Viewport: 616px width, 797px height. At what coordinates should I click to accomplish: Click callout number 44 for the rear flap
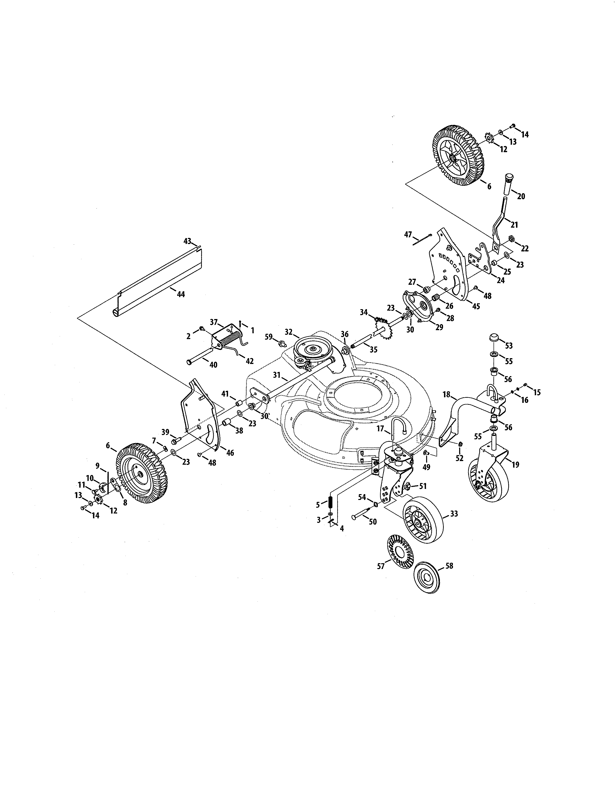pyautogui.click(x=181, y=294)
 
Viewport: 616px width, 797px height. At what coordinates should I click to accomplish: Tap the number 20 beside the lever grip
pyautogui.click(x=521, y=196)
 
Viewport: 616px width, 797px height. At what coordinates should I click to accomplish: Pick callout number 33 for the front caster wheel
pyautogui.click(x=454, y=514)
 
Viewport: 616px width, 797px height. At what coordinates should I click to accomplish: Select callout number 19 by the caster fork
pyautogui.click(x=515, y=464)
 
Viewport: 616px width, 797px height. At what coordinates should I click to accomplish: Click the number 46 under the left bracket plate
pyautogui.click(x=230, y=453)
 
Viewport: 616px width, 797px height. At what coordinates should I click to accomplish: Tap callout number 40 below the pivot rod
pyautogui.click(x=213, y=364)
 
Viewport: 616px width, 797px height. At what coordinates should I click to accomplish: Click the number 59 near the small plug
pyautogui.click(x=269, y=336)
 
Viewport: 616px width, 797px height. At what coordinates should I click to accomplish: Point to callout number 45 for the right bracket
pyautogui.click(x=476, y=306)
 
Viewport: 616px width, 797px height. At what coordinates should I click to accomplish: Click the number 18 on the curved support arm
pyautogui.click(x=446, y=394)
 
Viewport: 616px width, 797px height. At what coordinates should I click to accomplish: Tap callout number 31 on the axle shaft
pyautogui.click(x=277, y=375)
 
